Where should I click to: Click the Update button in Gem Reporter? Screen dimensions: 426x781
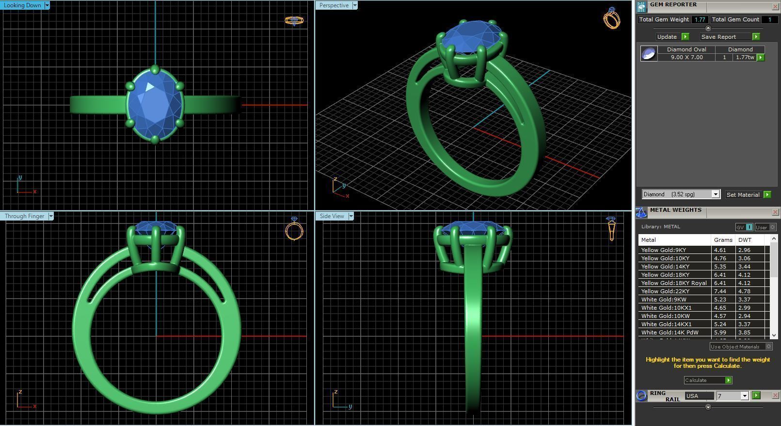pyautogui.click(x=672, y=37)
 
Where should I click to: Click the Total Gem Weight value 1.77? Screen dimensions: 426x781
pyautogui.click(x=699, y=19)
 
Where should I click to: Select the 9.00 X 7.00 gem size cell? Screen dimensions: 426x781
pyautogui.click(x=686, y=57)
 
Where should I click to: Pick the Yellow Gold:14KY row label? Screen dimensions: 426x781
pyautogui.click(x=665, y=267)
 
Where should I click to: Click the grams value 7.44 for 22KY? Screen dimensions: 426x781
pyautogui.click(x=720, y=291)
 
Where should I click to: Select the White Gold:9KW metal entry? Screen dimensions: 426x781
pyautogui.click(x=664, y=300)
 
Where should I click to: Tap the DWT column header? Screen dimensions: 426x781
pyautogui.click(x=745, y=240)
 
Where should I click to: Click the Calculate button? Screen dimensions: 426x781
pyautogui.click(x=707, y=380)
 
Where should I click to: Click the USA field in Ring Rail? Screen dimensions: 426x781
pyautogui.click(x=698, y=396)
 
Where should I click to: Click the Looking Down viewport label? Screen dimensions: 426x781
pyautogui.click(x=22, y=5)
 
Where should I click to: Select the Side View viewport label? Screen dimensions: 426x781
pyautogui.click(x=332, y=216)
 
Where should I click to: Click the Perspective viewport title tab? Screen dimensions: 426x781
pyautogui.click(x=334, y=5)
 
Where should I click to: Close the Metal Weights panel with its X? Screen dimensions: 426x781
pyautogui.click(x=775, y=212)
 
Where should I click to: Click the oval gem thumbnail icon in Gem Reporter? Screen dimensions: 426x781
pyautogui.click(x=649, y=53)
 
